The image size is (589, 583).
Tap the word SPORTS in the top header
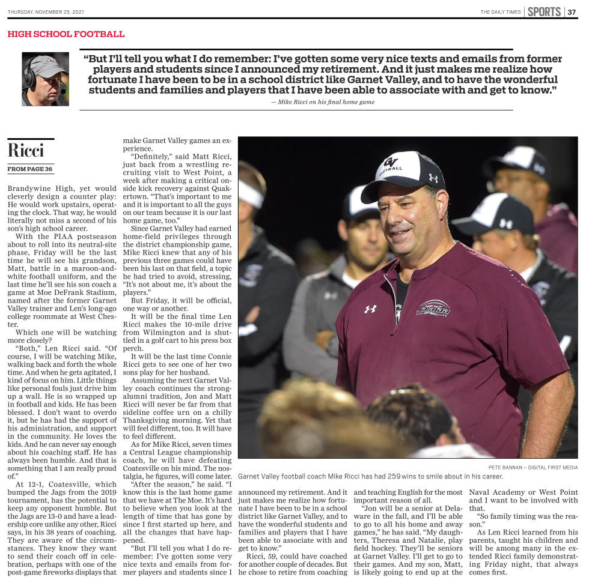[x=544, y=12]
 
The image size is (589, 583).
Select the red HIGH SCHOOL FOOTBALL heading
[x=66, y=34]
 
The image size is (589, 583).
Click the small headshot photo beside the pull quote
[x=45, y=79]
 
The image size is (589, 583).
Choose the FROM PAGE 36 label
[x=30, y=169]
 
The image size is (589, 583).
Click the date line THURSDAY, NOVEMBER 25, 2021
[x=47, y=12]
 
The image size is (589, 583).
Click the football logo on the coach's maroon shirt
[x=433, y=307]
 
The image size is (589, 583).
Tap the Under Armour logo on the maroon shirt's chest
[x=370, y=309]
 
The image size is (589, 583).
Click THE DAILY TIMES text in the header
[x=500, y=12]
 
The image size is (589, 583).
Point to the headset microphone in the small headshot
[x=63, y=88]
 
